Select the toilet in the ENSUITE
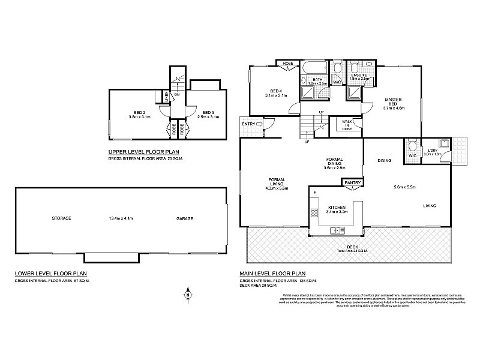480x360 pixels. click(x=354, y=67)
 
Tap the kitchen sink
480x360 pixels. click(x=337, y=230)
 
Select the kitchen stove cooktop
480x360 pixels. click(x=313, y=212)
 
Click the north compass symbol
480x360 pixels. click(x=188, y=294)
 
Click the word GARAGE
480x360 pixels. click(x=185, y=218)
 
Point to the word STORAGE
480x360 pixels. click(x=62, y=218)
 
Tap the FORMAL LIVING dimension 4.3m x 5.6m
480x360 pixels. click(x=277, y=188)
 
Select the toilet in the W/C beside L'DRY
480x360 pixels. click(x=411, y=146)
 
